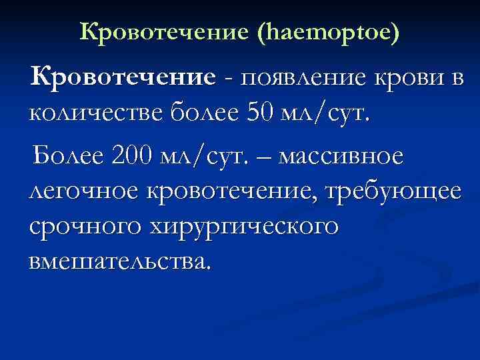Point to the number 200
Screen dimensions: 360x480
(130, 156)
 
